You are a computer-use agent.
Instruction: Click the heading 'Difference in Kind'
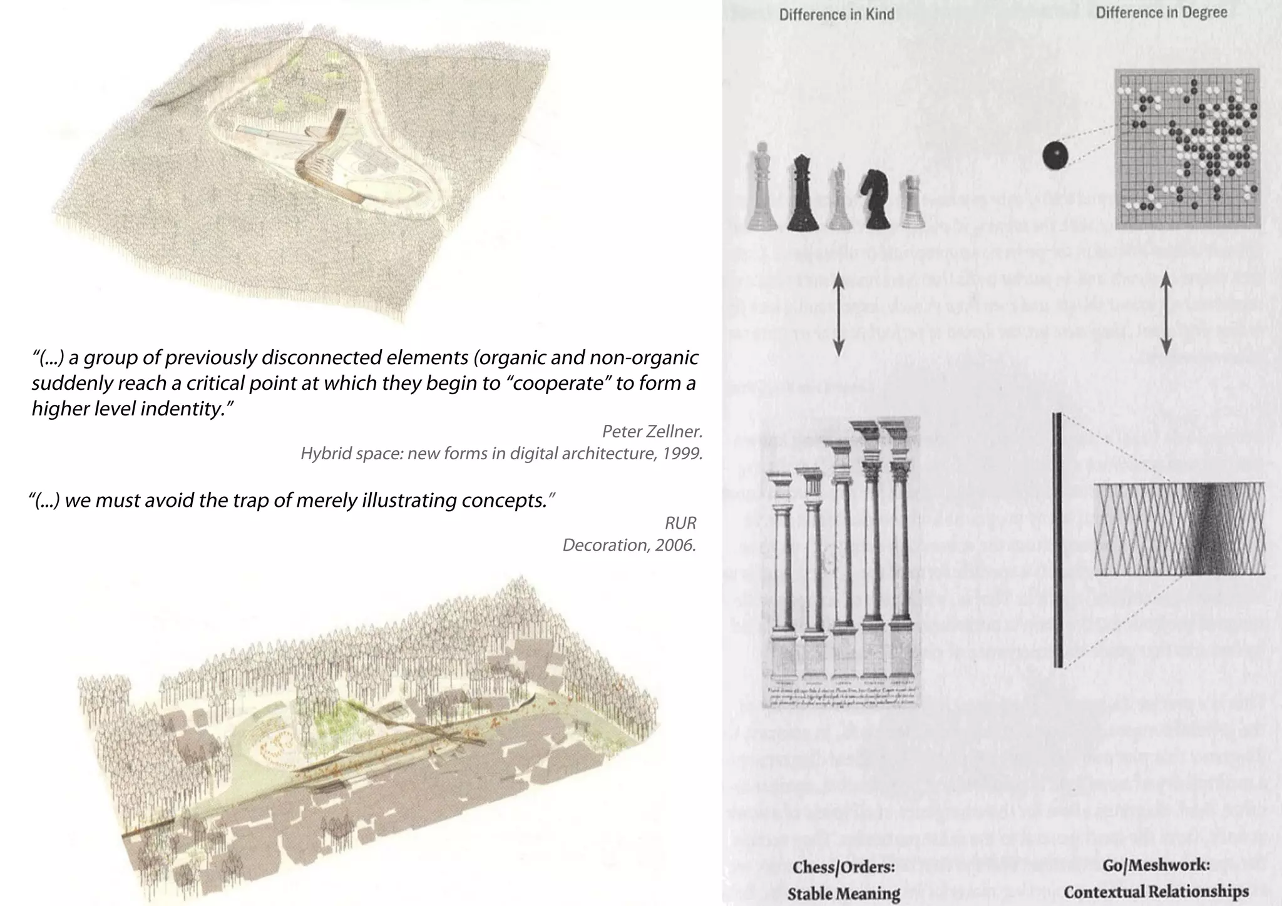point(836,14)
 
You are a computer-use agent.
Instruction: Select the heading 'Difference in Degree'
point(1161,13)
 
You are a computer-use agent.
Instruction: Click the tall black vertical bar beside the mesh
point(1057,539)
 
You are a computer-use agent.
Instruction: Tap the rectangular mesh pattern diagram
point(1179,529)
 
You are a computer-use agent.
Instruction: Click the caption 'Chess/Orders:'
point(843,868)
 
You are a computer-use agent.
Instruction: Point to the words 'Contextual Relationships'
point(1156,891)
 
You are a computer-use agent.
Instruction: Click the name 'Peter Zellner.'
point(652,430)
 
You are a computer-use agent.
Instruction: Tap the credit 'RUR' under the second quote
point(680,522)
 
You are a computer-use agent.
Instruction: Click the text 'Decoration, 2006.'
point(628,545)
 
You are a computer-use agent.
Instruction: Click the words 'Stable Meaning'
point(843,893)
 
